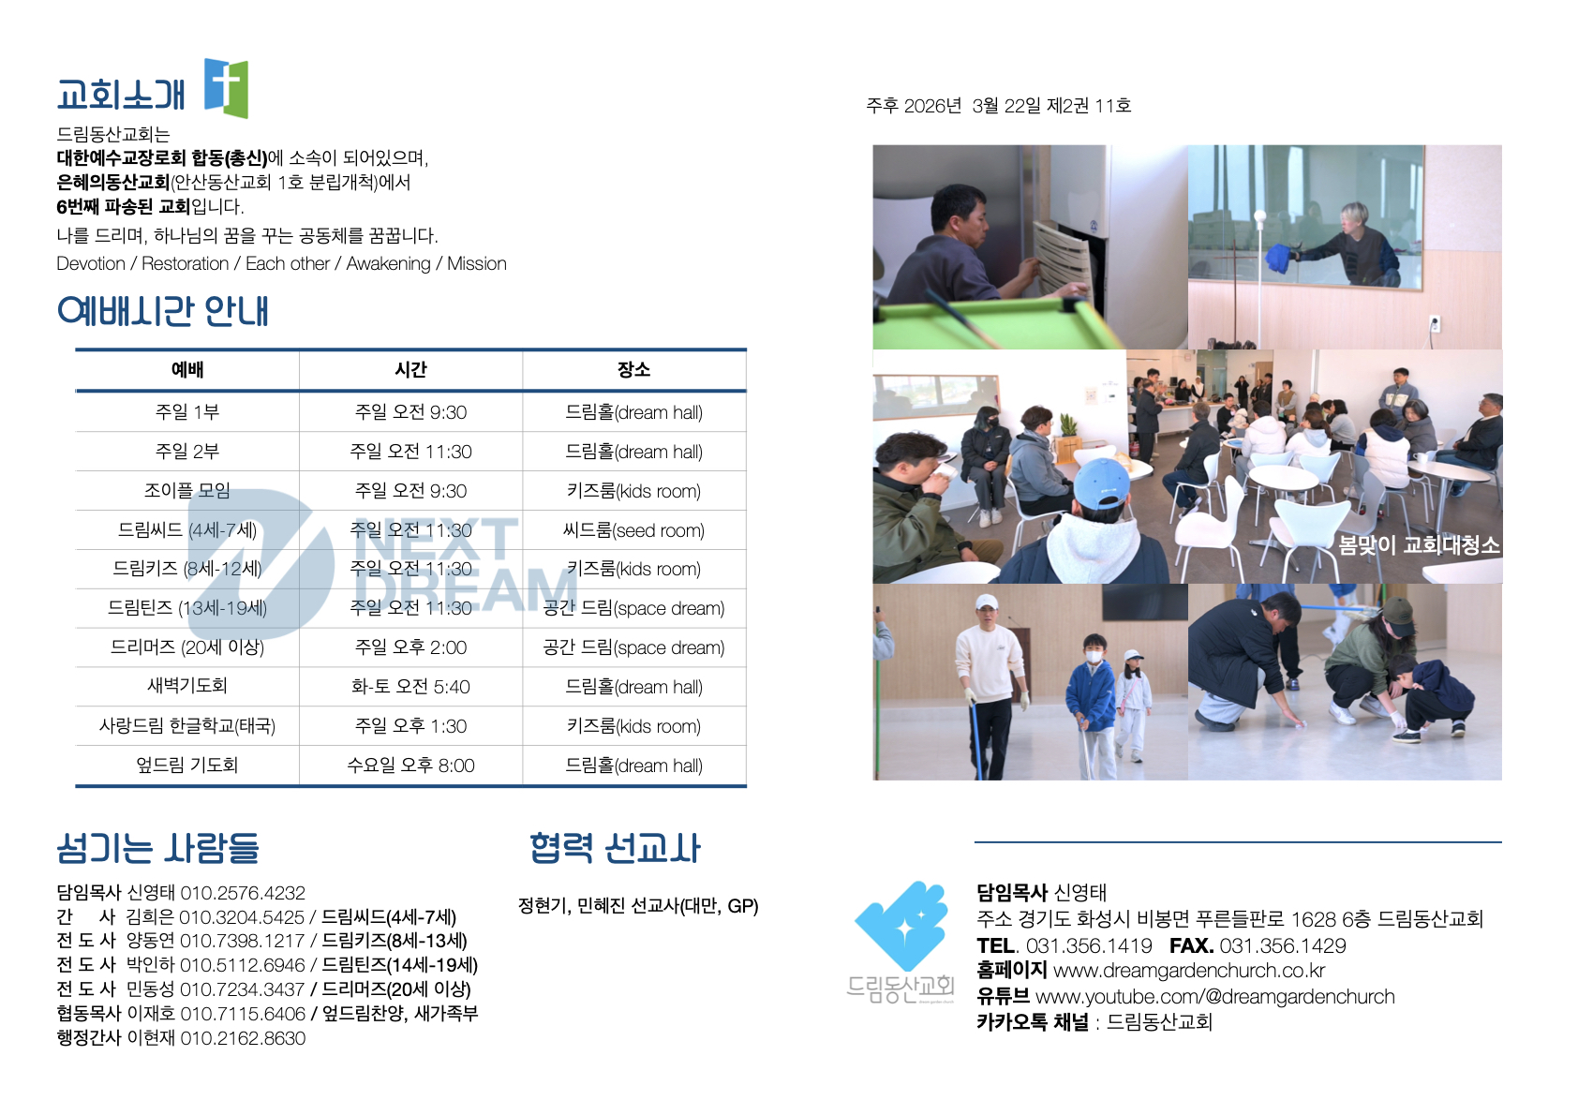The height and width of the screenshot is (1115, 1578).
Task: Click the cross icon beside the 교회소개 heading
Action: point(226,88)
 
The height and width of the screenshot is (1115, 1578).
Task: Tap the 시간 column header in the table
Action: point(410,370)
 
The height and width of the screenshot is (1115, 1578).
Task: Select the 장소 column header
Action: point(634,370)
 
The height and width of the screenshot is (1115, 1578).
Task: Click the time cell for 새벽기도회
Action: point(410,687)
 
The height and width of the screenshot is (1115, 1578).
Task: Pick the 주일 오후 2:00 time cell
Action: point(410,647)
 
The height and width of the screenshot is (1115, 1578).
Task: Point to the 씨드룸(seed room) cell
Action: point(634,530)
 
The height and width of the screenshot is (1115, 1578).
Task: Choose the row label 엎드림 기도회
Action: point(187,765)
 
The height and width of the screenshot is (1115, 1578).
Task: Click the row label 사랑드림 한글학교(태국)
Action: point(187,726)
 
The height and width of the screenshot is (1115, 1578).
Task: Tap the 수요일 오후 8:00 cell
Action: point(410,766)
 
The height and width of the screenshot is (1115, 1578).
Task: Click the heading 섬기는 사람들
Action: point(157,848)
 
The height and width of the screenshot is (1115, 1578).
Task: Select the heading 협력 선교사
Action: point(615,848)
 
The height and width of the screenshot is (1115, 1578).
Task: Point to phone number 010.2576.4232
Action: point(243,893)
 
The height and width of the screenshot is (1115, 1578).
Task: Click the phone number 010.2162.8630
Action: point(243,1038)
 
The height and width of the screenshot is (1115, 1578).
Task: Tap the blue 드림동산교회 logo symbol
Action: point(902,926)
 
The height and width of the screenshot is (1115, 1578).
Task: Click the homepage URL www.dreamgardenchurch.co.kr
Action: point(1189,971)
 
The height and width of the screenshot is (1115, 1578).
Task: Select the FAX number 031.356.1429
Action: point(1283,945)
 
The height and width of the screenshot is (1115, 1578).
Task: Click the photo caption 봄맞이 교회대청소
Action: point(1419,545)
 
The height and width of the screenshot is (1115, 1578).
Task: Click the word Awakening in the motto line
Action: point(388,264)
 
